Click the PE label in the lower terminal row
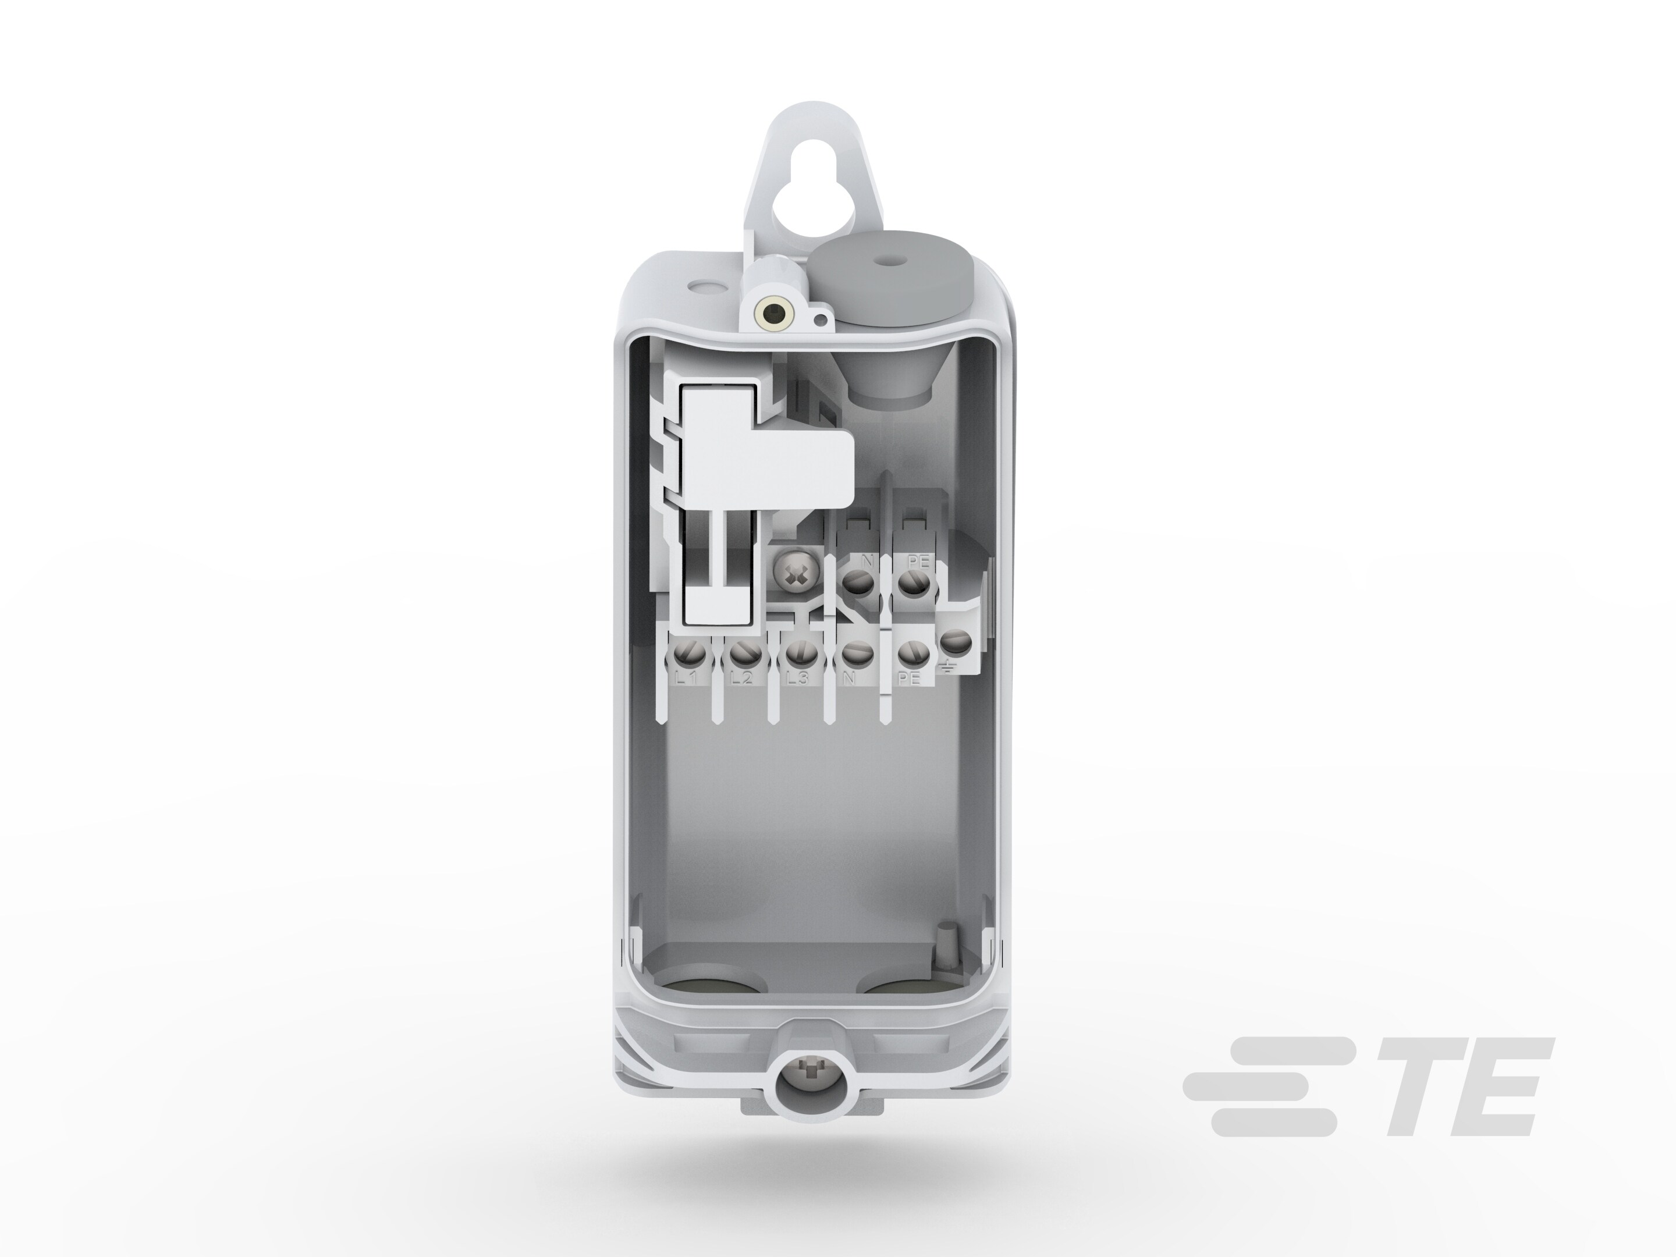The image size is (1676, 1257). click(x=908, y=680)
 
